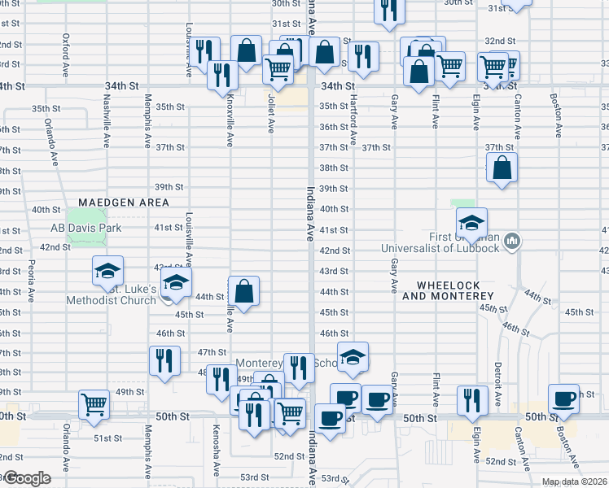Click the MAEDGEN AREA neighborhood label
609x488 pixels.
pos(124,202)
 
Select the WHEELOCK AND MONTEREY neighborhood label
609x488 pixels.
pos(455,290)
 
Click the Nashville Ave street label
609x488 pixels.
pos(106,121)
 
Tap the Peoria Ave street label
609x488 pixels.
pos(30,277)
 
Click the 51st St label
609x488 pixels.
pos(107,438)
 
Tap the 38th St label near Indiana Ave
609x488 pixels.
pos(334,168)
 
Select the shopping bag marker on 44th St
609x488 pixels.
pos(243,290)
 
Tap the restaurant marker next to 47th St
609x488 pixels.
pos(165,361)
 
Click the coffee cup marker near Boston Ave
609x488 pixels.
pos(563,399)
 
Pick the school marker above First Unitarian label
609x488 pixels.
pos(471,222)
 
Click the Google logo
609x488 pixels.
pos(26,478)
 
